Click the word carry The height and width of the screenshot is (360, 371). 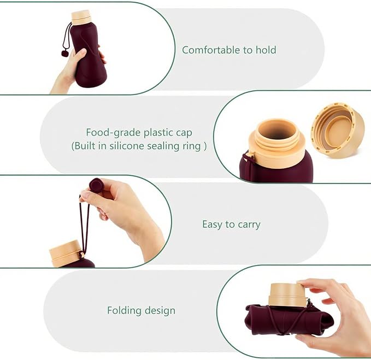pos(249,225)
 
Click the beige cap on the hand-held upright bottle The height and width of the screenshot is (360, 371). pos(81,17)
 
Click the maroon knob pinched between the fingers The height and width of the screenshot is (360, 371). pos(97,185)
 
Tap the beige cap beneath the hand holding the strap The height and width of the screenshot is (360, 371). pos(66,253)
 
